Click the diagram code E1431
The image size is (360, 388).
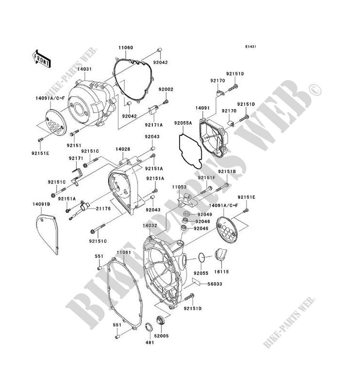[x=250, y=47]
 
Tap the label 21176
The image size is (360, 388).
[x=113, y=209]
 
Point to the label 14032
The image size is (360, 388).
[x=149, y=226]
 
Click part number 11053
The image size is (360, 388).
[x=178, y=186]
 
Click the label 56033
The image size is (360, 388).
[x=215, y=284]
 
